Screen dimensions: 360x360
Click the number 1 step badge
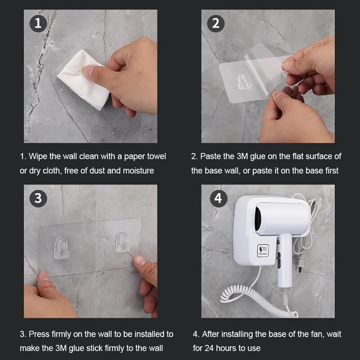point(38,23)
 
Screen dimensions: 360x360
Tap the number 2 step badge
point(216,23)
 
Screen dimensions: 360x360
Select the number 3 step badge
point(38,198)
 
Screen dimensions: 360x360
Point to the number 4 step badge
point(218,198)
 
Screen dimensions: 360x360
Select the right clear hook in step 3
point(122,243)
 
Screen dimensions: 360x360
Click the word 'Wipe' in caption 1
point(38,156)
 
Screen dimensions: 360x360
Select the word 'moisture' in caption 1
point(137,171)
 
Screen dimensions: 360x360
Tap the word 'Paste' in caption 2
point(210,156)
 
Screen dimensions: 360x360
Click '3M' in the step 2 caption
point(242,156)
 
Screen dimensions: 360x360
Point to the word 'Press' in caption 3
point(39,334)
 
